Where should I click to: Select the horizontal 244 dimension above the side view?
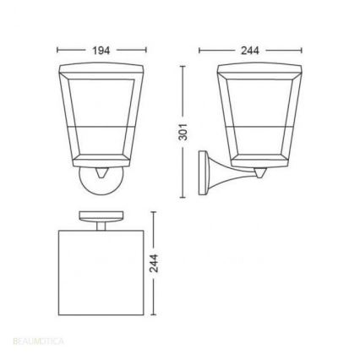(250, 51)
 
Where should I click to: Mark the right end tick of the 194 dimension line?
(146, 51)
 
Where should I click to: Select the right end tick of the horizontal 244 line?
(302, 51)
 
